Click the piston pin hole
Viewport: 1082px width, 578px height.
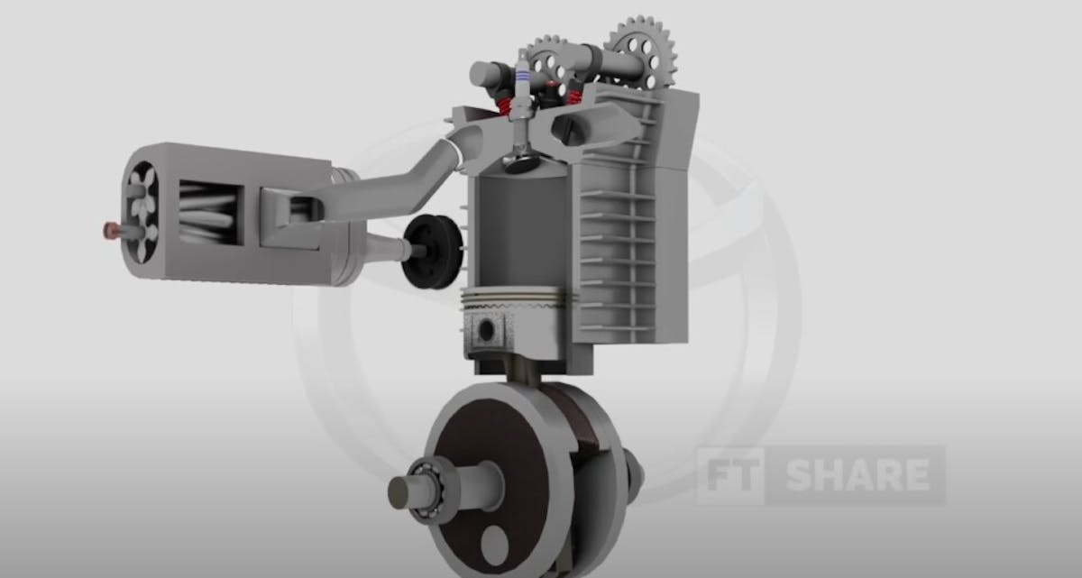[x=487, y=330]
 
